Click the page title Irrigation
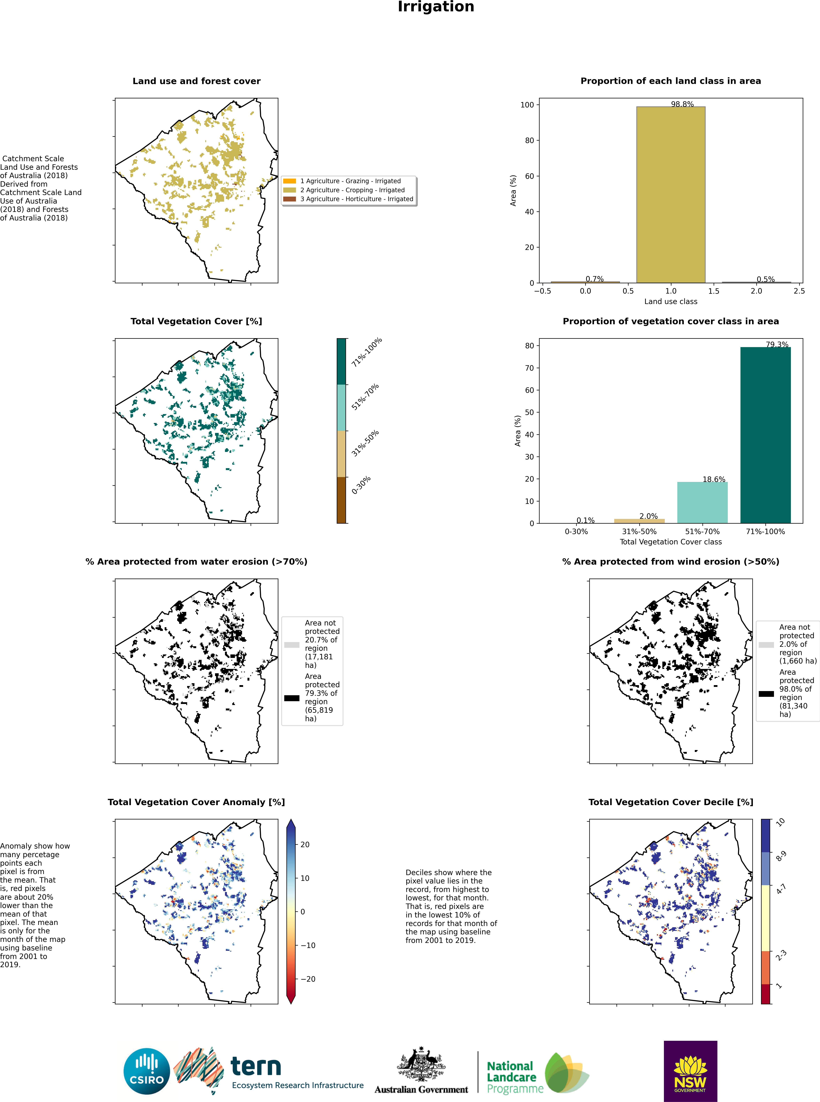pos(436,7)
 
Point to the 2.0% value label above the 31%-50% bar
pos(648,516)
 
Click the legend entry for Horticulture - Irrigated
pos(356,199)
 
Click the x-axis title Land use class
pos(671,301)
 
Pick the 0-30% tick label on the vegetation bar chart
pos(576,532)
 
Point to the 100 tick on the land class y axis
pos(527,105)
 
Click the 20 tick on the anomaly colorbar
pos(305,844)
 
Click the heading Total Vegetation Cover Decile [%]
pos(671,802)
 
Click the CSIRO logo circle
pos(147,1071)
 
